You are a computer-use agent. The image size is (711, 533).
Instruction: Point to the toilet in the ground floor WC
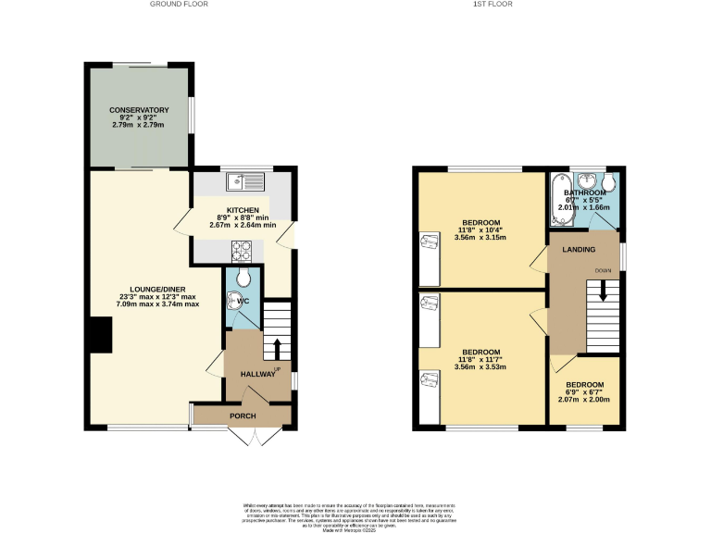243,278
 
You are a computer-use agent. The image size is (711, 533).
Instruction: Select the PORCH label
243,416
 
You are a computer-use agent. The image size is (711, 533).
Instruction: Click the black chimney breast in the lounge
100,335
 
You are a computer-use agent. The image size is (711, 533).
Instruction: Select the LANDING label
578,250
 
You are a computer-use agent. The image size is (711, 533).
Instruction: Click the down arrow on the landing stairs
603,290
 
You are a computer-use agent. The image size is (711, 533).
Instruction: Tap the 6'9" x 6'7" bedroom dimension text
585,393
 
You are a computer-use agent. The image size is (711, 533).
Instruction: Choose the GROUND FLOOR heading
179,5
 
